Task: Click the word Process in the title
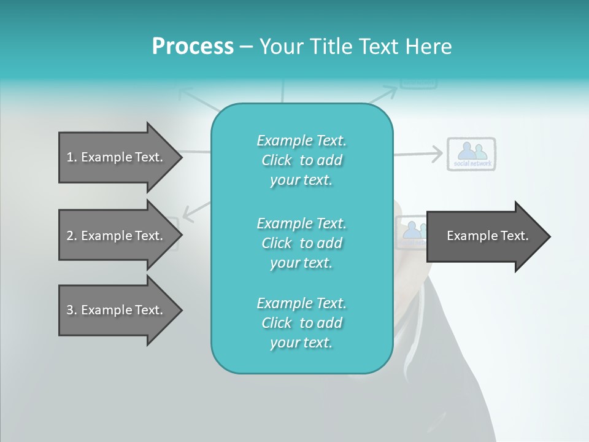click(193, 46)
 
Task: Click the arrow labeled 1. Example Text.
click(120, 158)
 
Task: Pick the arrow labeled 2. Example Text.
click(120, 235)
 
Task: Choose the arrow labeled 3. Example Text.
click(120, 310)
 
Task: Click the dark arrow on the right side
click(488, 236)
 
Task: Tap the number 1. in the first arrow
click(72, 157)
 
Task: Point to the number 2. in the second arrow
click(72, 236)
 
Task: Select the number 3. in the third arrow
click(72, 310)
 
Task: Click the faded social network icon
click(471, 154)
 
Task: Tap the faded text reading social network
click(472, 163)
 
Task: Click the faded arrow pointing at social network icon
click(418, 154)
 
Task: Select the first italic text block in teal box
click(302, 160)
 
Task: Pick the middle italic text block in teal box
click(302, 243)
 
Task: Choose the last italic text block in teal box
click(302, 323)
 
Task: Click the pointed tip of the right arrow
click(550, 236)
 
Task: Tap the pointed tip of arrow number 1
click(182, 158)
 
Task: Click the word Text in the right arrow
click(515, 236)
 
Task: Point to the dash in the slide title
click(247, 47)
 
